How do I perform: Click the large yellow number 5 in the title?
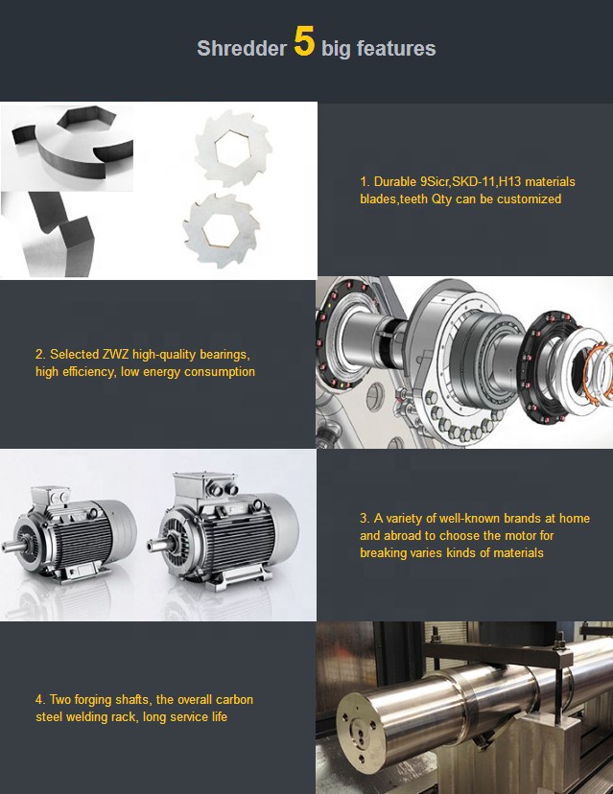(304, 40)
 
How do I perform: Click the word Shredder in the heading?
(242, 49)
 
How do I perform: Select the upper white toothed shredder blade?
(233, 149)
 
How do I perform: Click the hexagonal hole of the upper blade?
(232, 149)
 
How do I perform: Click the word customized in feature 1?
(529, 199)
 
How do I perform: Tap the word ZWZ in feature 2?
(115, 355)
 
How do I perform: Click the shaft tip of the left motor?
(6, 548)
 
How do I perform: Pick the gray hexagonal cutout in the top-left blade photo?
(86, 117)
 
